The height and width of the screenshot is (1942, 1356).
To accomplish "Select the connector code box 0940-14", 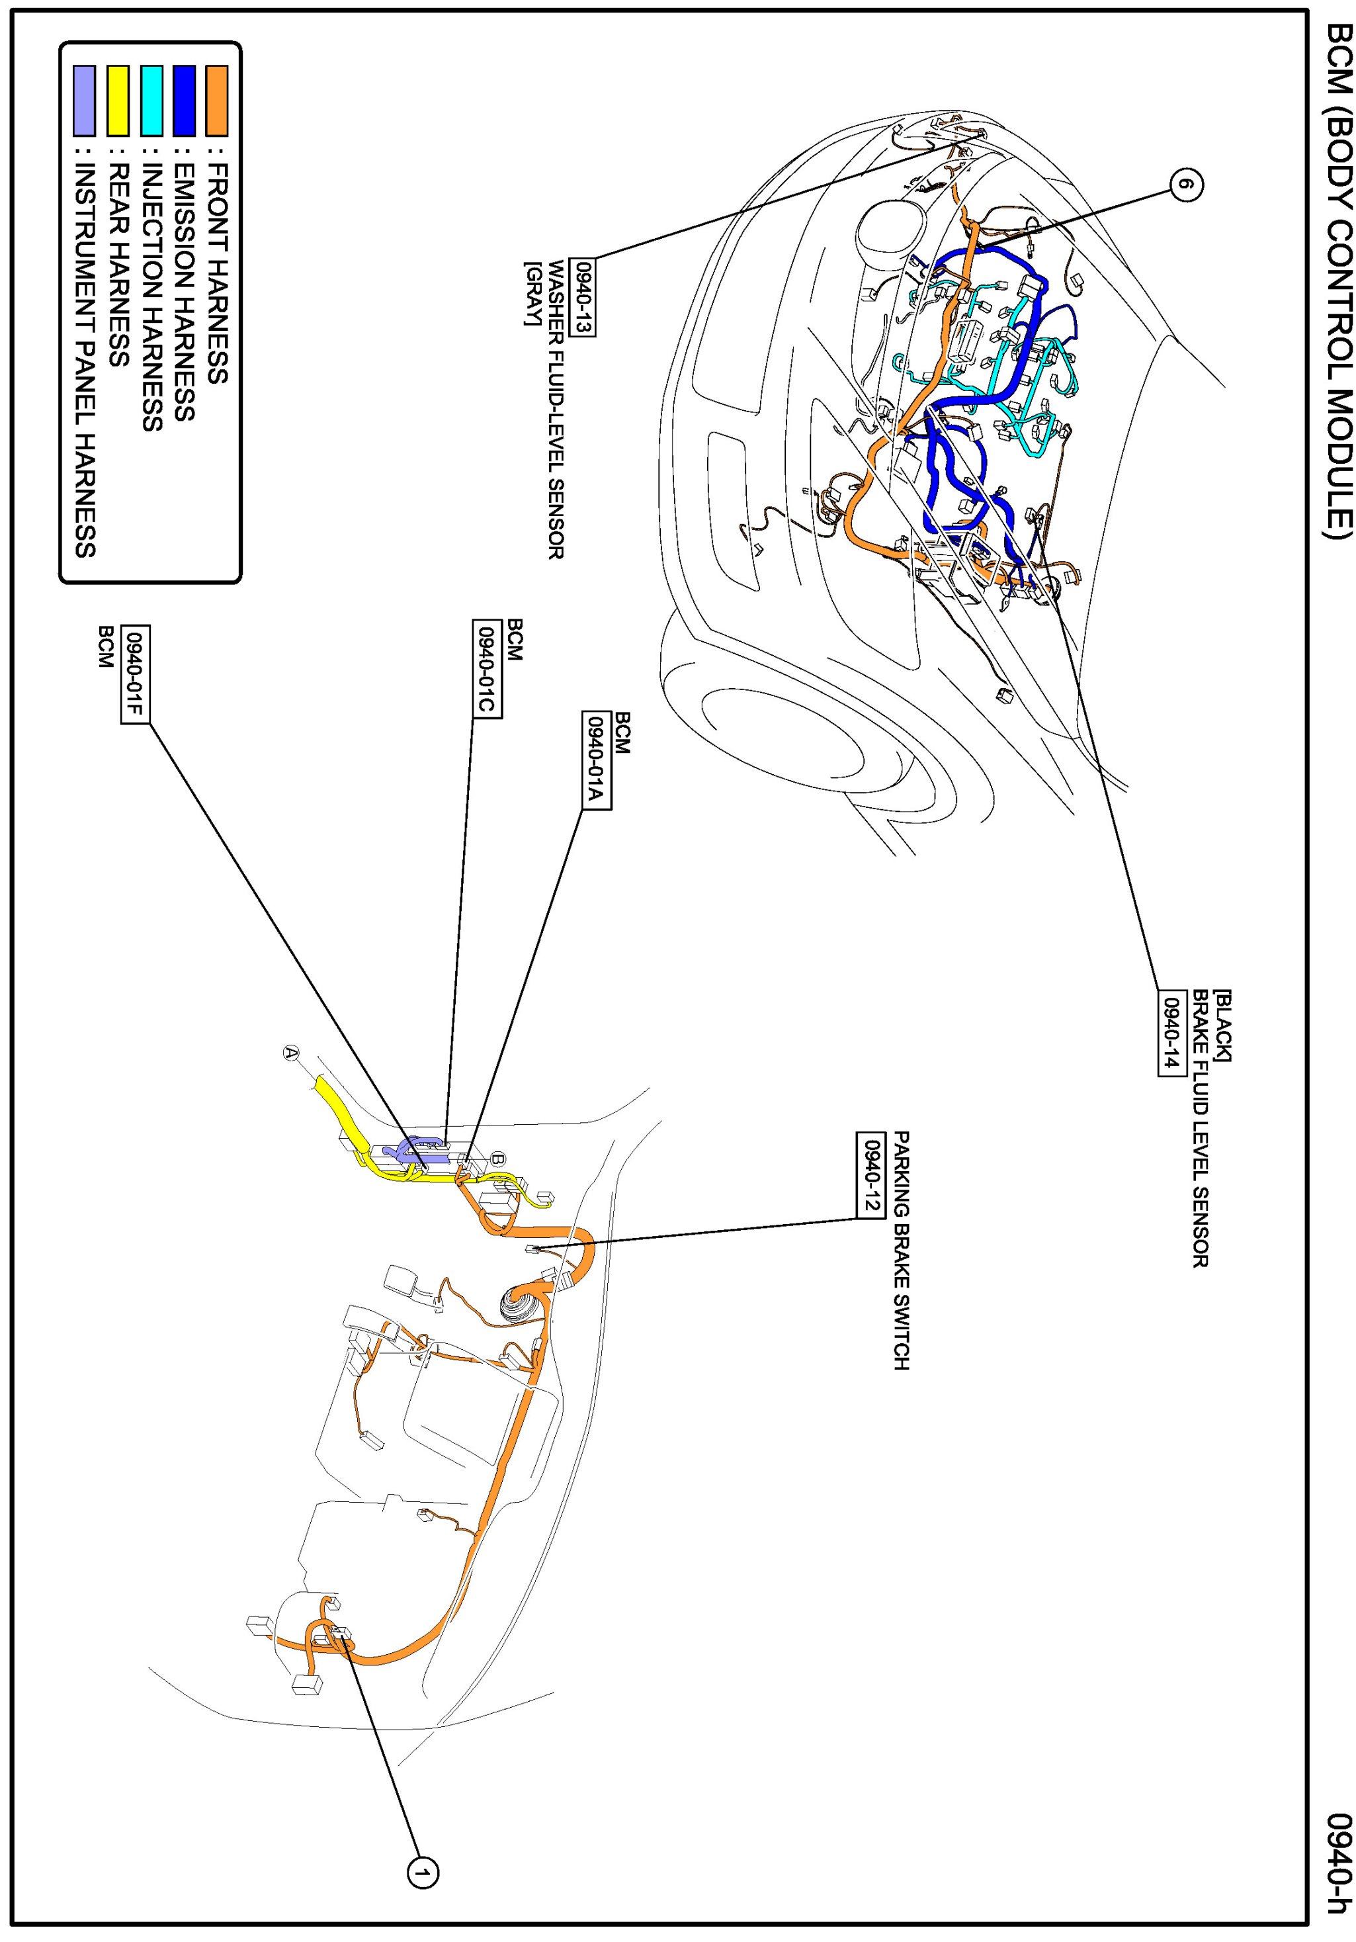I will pyautogui.click(x=1170, y=1032).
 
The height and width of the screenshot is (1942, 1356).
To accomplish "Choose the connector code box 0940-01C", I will pyautogui.click(x=487, y=669).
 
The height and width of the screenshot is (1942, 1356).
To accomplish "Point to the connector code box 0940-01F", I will pyautogui.click(x=135, y=674).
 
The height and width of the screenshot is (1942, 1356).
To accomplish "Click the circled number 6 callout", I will pyautogui.click(x=1186, y=185).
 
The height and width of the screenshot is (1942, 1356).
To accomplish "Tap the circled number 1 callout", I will pyautogui.click(x=423, y=1872).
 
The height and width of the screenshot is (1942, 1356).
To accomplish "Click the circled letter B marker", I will pyautogui.click(x=498, y=1158).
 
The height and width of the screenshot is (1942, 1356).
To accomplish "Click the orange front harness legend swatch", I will pyautogui.click(x=217, y=101).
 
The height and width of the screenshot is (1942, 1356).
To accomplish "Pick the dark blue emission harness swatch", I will pyautogui.click(x=185, y=101).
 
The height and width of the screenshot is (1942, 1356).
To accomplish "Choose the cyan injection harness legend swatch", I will pyautogui.click(x=151, y=101).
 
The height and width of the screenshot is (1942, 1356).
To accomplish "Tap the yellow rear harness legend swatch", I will pyautogui.click(x=118, y=101).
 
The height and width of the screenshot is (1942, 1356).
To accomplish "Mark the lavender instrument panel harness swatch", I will pyautogui.click(x=85, y=101).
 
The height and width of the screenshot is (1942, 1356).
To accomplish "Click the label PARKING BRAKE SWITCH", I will pyautogui.click(x=902, y=1251).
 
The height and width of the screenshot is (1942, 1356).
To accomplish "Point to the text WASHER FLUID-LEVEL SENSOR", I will pyautogui.click(x=556, y=410).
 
